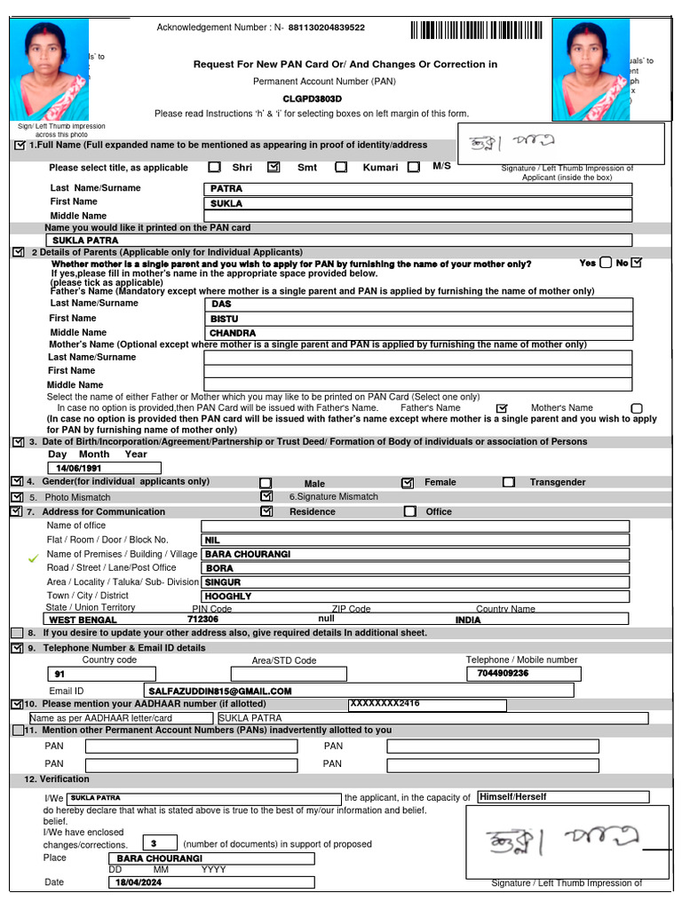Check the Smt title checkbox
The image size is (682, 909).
pyautogui.click(x=274, y=167)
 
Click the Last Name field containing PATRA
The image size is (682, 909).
pyautogui.click(x=417, y=189)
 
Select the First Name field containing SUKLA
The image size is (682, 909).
pyautogui.click(x=417, y=203)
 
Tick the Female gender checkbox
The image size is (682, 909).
pyautogui.click(x=408, y=483)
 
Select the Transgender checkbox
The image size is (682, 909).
pyautogui.click(x=509, y=482)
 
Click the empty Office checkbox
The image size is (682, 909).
pyautogui.click(x=409, y=511)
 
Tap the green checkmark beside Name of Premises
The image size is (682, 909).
pyautogui.click(x=34, y=558)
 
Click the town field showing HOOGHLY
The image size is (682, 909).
pyautogui.click(x=416, y=597)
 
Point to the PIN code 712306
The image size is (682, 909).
pyautogui.click(x=202, y=619)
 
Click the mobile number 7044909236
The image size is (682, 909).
pyautogui.click(x=503, y=674)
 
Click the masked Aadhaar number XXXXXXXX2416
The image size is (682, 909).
pyautogui.click(x=385, y=704)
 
